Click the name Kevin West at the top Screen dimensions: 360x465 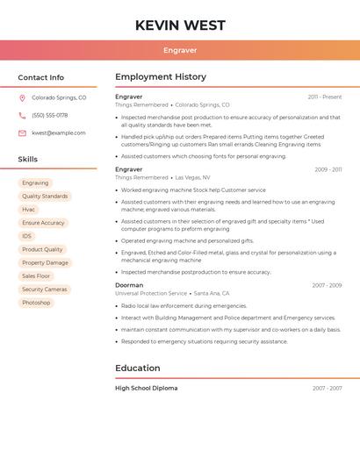[x=180, y=25]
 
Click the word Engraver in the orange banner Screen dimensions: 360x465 [x=180, y=51]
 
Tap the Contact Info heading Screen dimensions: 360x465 [x=41, y=77]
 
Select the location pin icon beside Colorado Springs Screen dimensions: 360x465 [x=22, y=98]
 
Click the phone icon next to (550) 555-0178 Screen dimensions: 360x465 [x=22, y=116]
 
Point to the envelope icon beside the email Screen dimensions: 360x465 [x=22, y=133]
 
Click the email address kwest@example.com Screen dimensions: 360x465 [x=59, y=133]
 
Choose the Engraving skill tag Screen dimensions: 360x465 [x=36, y=183]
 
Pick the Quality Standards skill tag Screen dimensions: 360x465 [x=45, y=197]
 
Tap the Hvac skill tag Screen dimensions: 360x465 [x=29, y=210]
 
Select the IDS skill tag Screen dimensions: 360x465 [x=27, y=236]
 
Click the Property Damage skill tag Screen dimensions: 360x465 [x=45, y=262]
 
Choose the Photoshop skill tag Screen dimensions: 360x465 [x=37, y=303]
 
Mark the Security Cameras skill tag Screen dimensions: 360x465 [x=45, y=290]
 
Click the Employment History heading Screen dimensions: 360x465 [x=161, y=77]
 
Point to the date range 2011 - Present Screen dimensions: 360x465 [x=325, y=97]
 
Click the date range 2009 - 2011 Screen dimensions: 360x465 [x=328, y=169]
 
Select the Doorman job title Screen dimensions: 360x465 [x=129, y=285]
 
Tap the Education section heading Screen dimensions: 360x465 [x=138, y=368]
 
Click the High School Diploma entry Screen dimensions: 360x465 [x=147, y=388]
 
